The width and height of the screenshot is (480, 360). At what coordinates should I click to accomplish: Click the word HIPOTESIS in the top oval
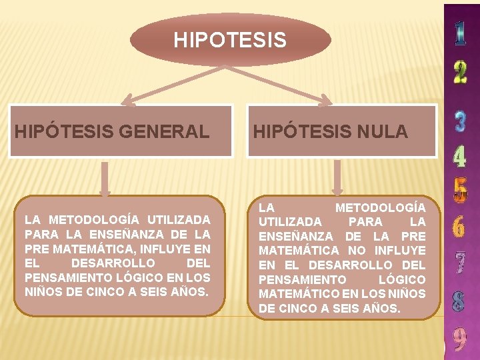230,41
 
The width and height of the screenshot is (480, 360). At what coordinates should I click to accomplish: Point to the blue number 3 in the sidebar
460,121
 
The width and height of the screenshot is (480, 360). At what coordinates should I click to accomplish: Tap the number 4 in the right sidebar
460,157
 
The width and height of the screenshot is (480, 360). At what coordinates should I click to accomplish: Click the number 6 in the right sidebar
460,227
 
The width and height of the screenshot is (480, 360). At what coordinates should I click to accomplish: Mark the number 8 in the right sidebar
460,301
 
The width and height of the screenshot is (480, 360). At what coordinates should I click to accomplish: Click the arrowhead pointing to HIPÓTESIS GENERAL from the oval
131,102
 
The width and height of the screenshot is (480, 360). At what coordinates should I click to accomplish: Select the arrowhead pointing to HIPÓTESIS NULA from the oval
324,102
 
